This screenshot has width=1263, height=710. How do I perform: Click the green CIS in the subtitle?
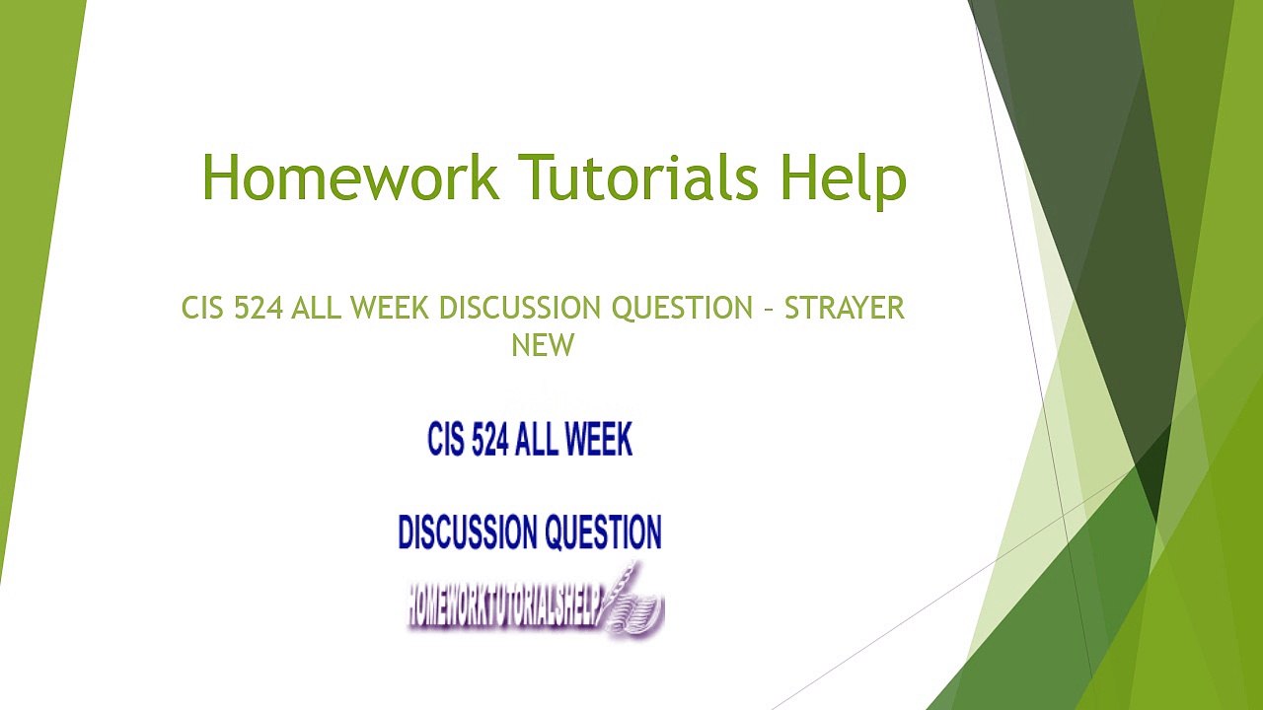(x=203, y=309)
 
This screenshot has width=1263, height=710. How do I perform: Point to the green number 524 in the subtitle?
(x=260, y=309)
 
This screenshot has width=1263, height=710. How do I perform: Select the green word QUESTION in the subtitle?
(x=682, y=309)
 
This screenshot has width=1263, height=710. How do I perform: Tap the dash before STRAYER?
(x=769, y=310)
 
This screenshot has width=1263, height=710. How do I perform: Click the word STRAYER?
(x=845, y=309)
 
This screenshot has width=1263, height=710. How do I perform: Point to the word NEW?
(x=543, y=345)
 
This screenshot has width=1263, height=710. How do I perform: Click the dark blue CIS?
(x=446, y=440)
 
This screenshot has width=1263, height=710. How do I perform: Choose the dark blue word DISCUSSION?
(x=467, y=532)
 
